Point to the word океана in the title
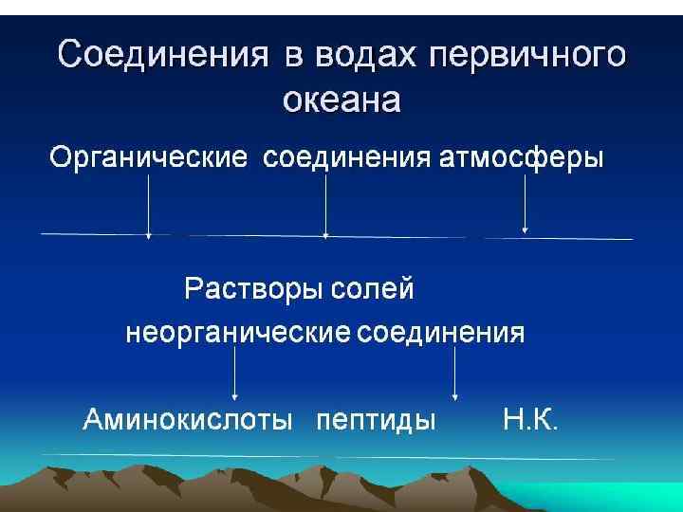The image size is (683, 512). click(x=342, y=98)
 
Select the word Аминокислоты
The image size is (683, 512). click(x=188, y=419)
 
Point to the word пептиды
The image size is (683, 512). click(x=376, y=419)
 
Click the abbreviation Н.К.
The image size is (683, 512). click(x=530, y=419)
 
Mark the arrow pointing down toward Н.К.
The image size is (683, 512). click(x=455, y=372)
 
